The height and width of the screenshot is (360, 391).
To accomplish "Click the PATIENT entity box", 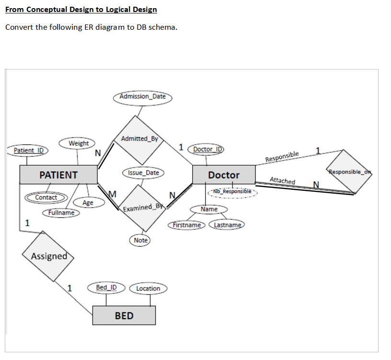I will pyautogui.click(x=58, y=174).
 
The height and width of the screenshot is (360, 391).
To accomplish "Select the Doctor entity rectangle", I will pyautogui.click(x=223, y=175).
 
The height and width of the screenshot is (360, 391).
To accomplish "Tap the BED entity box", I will pyautogui.click(x=124, y=315).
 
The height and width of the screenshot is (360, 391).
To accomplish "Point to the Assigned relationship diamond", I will pyautogui.click(x=49, y=256).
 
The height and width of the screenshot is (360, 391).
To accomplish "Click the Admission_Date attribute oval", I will pyautogui.click(x=142, y=96).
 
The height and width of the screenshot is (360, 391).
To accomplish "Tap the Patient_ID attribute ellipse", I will pyautogui.click(x=28, y=151).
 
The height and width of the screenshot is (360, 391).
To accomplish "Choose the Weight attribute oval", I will pyautogui.click(x=78, y=143).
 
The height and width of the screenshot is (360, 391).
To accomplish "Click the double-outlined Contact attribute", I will pyautogui.click(x=46, y=197).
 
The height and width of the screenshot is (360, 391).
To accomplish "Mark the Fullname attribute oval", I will pyautogui.click(x=61, y=212).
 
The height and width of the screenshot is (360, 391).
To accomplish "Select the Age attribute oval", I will pyautogui.click(x=88, y=203).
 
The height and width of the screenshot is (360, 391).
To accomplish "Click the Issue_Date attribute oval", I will pyautogui.click(x=143, y=173).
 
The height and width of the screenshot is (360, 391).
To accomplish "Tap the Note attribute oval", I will pyautogui.click(x=140, y=240).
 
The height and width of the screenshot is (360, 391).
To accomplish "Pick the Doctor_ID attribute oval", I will pyautogui.click(x=207, y=149).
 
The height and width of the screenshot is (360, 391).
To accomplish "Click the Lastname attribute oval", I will pyautogui.click(x=228, y=225).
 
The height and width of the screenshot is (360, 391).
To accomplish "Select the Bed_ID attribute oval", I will pyautogui.click(x=106, y=288).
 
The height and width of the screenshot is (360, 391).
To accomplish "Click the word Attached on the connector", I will pyautogui.click(x=282, y=181).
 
